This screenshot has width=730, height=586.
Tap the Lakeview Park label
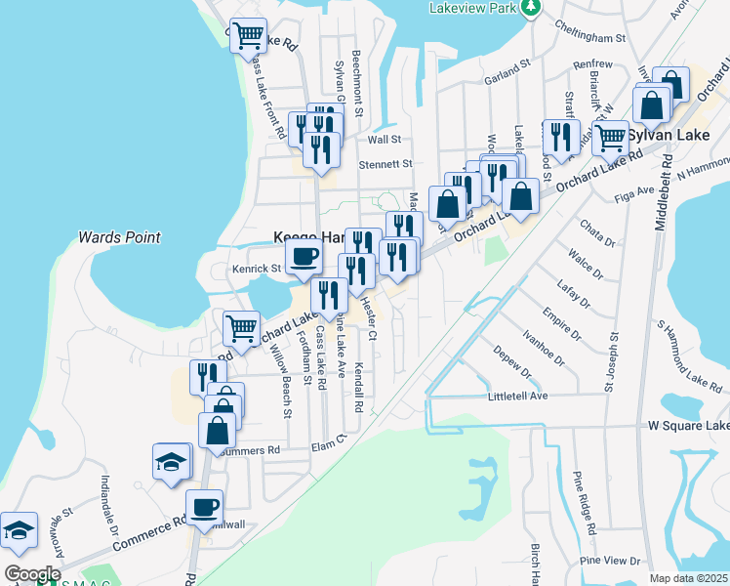pos(472,8)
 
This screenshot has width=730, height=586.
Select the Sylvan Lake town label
pos(670,135)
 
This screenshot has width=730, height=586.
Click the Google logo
pos(33,574)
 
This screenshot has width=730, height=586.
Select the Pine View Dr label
pos(609,561)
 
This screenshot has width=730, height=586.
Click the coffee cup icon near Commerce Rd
pos(205,507)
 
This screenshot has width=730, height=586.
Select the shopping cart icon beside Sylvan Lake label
pos(610,136)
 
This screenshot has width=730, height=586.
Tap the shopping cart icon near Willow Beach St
pos(240,327)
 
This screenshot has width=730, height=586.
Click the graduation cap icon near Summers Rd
pos(172,461)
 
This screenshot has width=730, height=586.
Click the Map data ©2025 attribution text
pos(689,578)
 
